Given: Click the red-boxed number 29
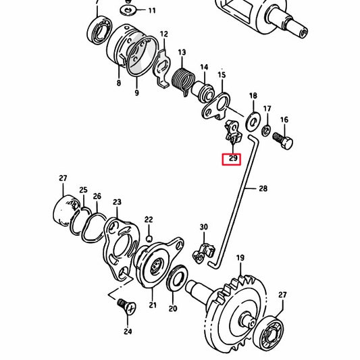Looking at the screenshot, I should [x=232, y=159].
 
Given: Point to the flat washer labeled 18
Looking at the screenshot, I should [x=253, y=121].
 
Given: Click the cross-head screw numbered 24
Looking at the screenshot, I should [x=125, y=306].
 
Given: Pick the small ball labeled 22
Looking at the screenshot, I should [x=149, y=236].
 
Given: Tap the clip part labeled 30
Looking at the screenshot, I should [x=201, y=251].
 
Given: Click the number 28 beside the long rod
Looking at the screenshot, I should [x=262, y=190].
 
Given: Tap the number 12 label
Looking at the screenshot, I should [x=163, y=33].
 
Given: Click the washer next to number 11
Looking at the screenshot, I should [x=128, y=11].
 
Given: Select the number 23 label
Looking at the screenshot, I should [x=117, y=202].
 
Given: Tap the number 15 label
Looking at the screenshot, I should [x=222, y=74].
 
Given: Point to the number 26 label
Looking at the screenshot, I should [x=97, y=197].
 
